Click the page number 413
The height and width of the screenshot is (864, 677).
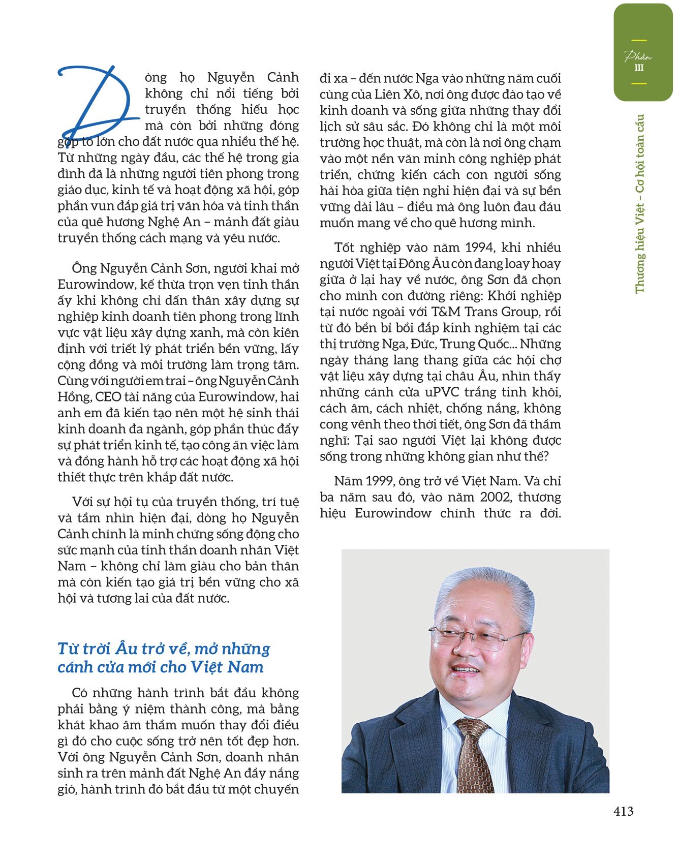point(623,811)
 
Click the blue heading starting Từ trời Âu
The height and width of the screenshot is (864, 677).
point(164,657)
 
